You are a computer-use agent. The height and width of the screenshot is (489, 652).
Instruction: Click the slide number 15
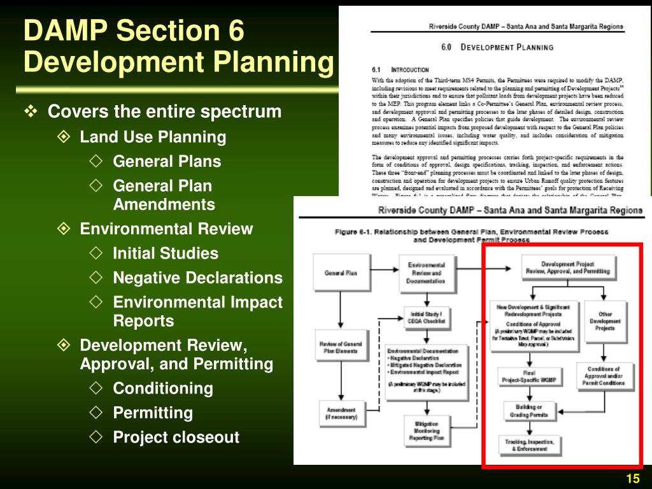[632, 479]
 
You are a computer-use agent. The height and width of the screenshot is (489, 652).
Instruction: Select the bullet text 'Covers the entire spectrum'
[164, 112]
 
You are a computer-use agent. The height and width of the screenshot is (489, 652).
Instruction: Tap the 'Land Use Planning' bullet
[153, 137]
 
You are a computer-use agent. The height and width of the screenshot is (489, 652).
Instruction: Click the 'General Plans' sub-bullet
[167, 162]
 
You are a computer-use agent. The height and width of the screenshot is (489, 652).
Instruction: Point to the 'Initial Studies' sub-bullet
[166, 253]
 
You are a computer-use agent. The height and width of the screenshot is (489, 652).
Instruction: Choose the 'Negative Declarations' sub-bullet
[197, 278]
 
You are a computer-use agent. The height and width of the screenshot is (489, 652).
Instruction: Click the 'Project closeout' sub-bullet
[176, 437]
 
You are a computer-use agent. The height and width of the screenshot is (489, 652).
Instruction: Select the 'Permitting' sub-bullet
[153, 413]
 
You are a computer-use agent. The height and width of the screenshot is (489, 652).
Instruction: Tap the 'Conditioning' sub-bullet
[162, 388]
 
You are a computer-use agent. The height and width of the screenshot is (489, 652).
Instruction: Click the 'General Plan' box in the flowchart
[341, 273]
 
